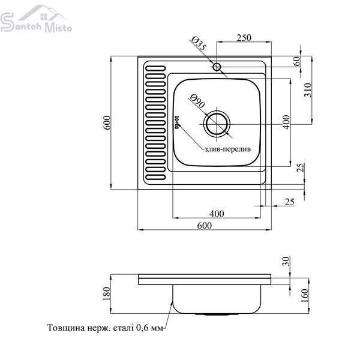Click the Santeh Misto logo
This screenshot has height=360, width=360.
[x=36, y=19]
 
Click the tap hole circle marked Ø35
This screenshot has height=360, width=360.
[x=217, y=67]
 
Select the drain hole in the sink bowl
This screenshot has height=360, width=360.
[x=217, y=124]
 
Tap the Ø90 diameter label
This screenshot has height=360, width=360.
[x=197, y=101]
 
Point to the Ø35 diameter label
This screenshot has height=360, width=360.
[x=199, y=43]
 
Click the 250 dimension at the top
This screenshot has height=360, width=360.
[x=244, y=38]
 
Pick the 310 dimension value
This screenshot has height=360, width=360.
[x=307, y=90]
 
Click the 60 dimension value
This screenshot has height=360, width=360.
[x=297, y=61]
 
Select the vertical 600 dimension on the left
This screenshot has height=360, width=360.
[x=107, y=122]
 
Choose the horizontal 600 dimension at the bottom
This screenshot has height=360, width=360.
[x=205, y=226]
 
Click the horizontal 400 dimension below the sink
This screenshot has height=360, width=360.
[x=217, y=214]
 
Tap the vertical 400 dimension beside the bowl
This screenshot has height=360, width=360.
[x=286, y=122]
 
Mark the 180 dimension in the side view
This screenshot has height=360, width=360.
[x=107, y=293]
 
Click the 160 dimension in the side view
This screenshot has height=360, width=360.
[x=304, y=296]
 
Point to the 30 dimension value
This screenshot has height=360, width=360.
[x=286, y=261]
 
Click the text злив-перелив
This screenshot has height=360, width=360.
[x=228, y=149]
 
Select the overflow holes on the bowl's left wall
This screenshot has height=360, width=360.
[x=177, y=122]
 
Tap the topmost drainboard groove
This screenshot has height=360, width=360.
[x=155, y=68]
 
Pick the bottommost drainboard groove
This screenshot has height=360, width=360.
[x=155, y=177]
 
